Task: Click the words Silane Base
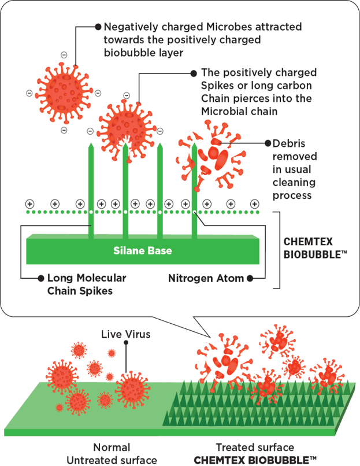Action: click(142, 251)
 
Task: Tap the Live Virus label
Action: click(127, 334)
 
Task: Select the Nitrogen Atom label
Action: click(206, 278)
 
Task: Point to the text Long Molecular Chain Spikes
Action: click(86, 284)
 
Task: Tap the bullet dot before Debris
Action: click(268, 143)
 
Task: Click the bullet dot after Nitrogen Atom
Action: click(250, 278)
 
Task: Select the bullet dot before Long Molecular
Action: click(41, 278)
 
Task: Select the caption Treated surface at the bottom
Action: click(254, 447)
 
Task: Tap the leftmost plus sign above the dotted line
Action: click(29, 204)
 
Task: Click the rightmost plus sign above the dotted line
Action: click(254, 204)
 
